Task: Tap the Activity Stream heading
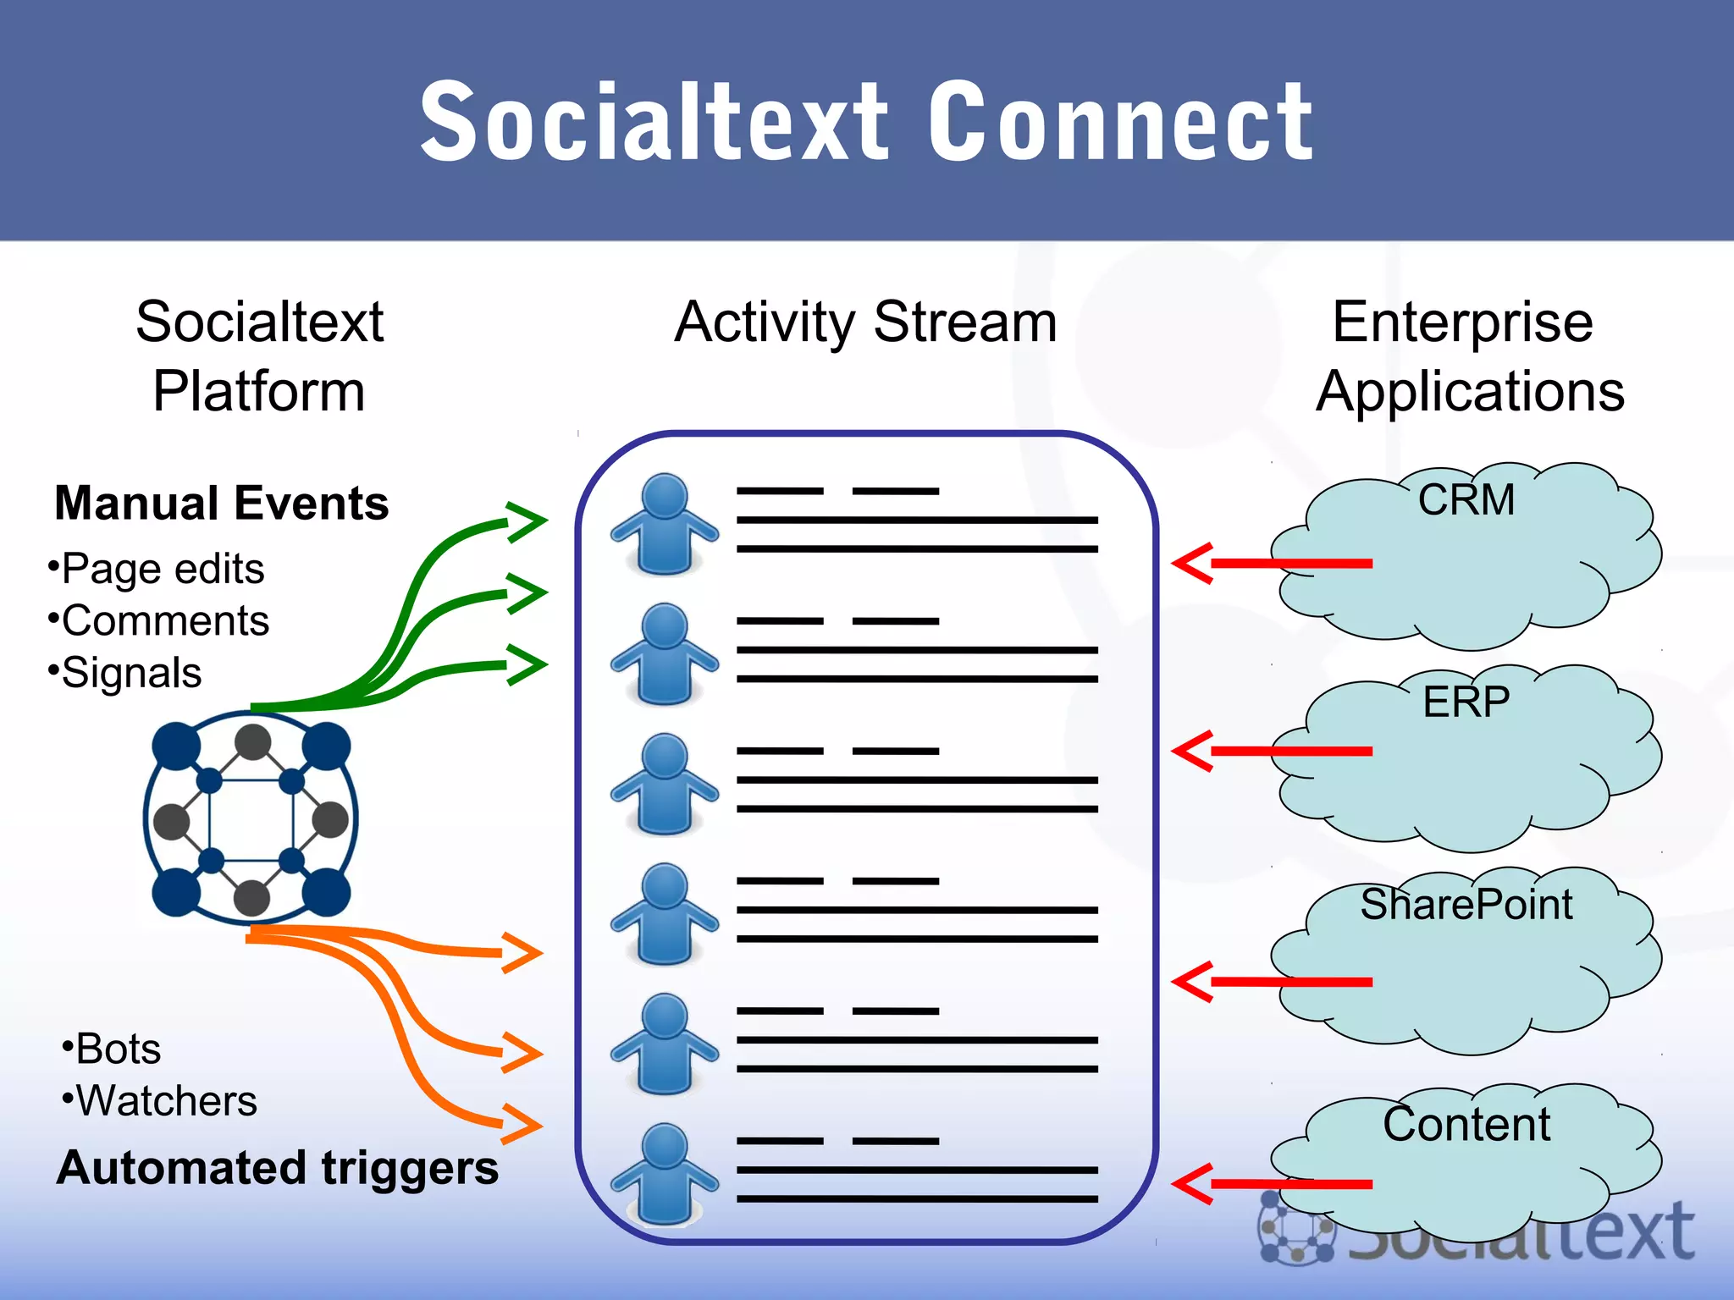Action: click(x=865, y=322)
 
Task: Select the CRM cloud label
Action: click(x=1466, y=499)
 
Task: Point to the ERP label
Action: click(x=1466, y=702)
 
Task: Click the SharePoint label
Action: click(x=1466, y=904)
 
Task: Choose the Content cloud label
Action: click(x=1466, y=1124)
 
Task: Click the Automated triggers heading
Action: click(x=278, y=1168)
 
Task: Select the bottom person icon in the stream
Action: click(x=665, y=1174)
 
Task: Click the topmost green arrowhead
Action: click(x=527, y=522)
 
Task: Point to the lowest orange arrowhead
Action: click(x=522, y=1125)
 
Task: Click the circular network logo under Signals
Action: click(x=251, y=818)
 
